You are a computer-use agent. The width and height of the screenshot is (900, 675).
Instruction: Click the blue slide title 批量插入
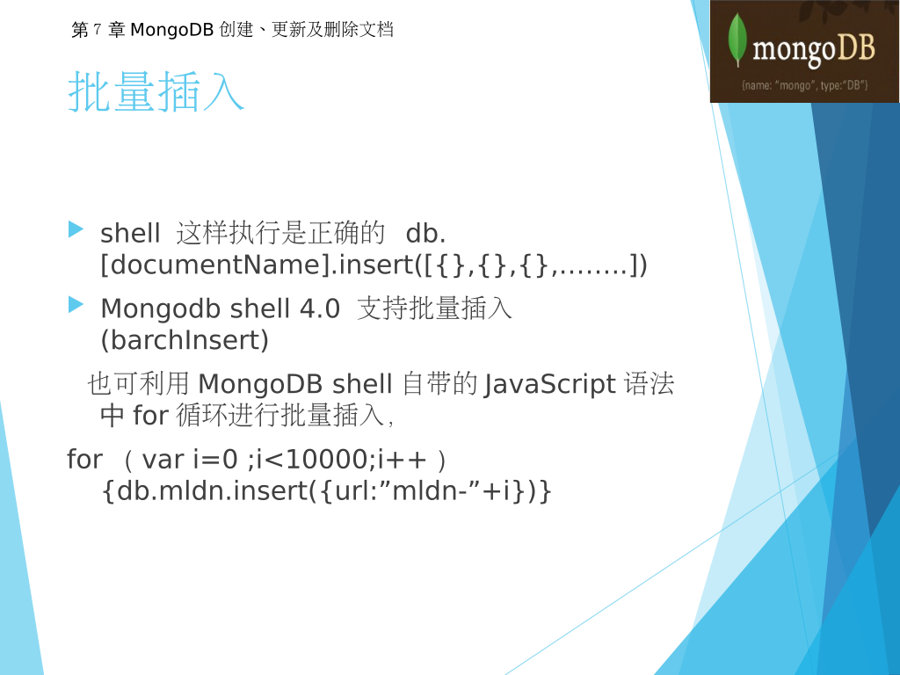pyautogui.click(x=156, y=91)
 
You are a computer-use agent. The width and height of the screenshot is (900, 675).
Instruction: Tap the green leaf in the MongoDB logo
pyautogui.click(x=737, y=40)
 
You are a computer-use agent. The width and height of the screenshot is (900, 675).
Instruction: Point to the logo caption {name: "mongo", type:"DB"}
pyautogui.click(x=805, y=85)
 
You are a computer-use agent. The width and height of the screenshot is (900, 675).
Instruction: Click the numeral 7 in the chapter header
pyautogui.click(x=97, y=29)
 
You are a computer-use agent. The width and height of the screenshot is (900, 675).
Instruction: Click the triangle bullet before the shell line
pyautogui.click(x=76, y=229)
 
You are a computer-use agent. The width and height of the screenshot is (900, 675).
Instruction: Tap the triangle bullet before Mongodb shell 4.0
pyautogui.click(x=76, y=304)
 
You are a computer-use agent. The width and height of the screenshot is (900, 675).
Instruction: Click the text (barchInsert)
pyautogui.click(x=185, y=340)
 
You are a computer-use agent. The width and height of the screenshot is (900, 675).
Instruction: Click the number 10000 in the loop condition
pyautogui.click(x=327, y=459)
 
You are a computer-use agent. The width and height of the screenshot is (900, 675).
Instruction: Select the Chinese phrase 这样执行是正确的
pyautogui.click(x=280, y=233)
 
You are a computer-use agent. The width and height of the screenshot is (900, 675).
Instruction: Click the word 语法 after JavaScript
pyautogui.click(x=650, y=383)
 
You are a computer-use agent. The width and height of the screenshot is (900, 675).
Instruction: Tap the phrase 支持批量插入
pyautogui.click(x=434, y=308)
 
